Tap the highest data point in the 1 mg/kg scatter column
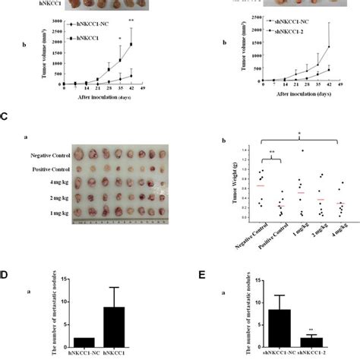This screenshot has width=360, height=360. [280, 150]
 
